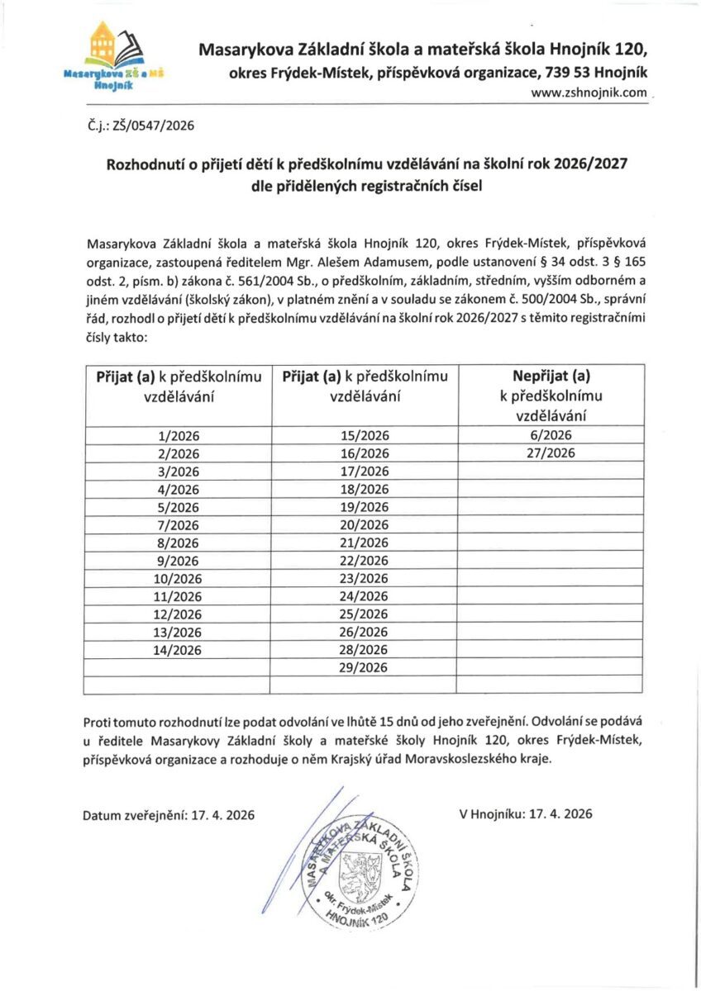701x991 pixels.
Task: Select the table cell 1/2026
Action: click(179, 435)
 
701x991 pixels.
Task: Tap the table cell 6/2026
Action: click(551, 435)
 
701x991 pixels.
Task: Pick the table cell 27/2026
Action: click(551, 453)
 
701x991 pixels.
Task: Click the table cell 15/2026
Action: click(365, 435)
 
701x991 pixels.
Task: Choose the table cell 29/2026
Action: click(365, 667)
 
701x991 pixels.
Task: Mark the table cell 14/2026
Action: click(179, 649)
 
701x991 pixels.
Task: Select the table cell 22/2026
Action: click(365, 560)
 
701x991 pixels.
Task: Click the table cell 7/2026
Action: click(179, 524)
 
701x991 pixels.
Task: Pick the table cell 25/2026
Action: click(365, 614)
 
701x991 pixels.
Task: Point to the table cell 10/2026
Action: click(179, 578)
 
